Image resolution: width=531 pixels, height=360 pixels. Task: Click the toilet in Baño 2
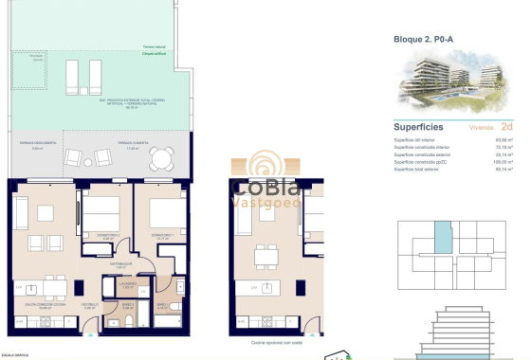[x=125, y=321]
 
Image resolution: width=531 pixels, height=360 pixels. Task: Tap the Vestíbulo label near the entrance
[x=91, y=306]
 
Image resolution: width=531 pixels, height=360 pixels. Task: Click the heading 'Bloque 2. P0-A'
[x=423, y=40]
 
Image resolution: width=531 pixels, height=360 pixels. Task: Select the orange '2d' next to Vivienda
[x=506, y=126]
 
